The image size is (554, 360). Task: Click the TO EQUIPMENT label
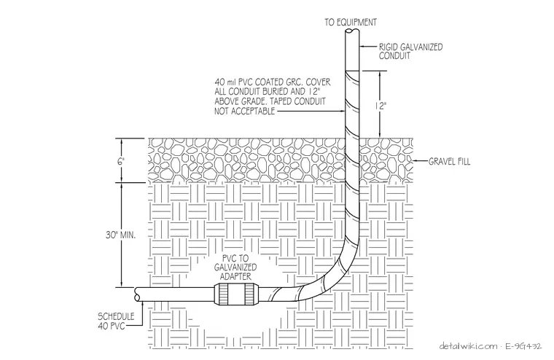pos(351,23)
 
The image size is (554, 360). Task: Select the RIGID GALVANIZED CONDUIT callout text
pos(410,51)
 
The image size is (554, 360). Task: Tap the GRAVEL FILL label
pos(450,162)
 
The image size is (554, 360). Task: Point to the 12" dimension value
pos(381,106)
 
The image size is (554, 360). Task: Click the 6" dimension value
pos(121,162)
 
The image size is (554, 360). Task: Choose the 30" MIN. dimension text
pos(120,235)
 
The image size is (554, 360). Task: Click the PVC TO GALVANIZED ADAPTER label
pos(235,267)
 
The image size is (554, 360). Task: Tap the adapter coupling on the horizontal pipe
pos(235,294)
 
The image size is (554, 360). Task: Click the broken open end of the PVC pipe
pos(137,294)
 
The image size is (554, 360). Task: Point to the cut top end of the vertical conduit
pos(352,31)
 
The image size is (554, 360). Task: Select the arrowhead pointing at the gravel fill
pos(415,161)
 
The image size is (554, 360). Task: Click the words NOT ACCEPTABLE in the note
pos(244,111)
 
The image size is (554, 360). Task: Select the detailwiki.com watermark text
pos(468,346)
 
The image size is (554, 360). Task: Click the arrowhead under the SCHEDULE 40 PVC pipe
pos(142,304)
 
